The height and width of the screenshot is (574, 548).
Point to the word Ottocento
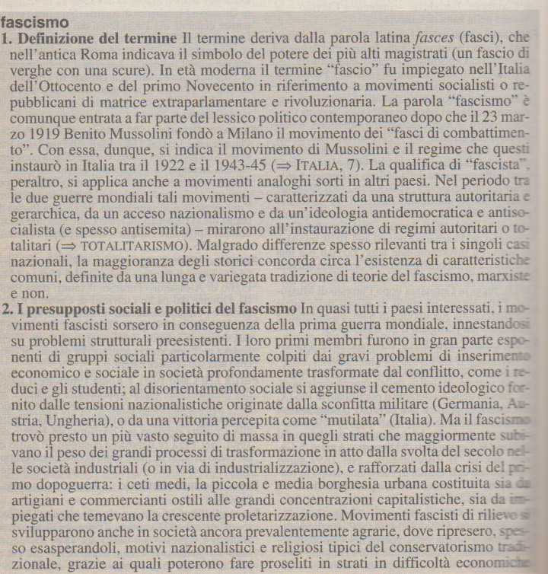63,85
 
